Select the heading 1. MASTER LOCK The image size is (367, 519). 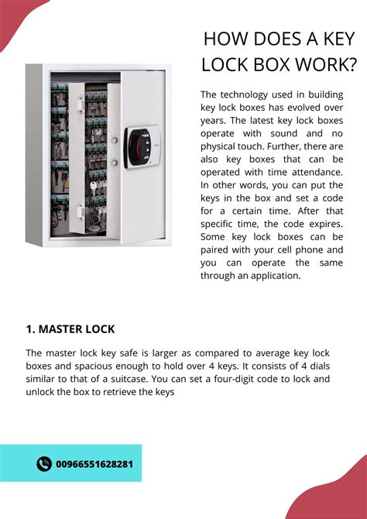tap(70, 329)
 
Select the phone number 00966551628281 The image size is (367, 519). tap(94, 464)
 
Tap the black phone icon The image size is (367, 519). tap(44, 464)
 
